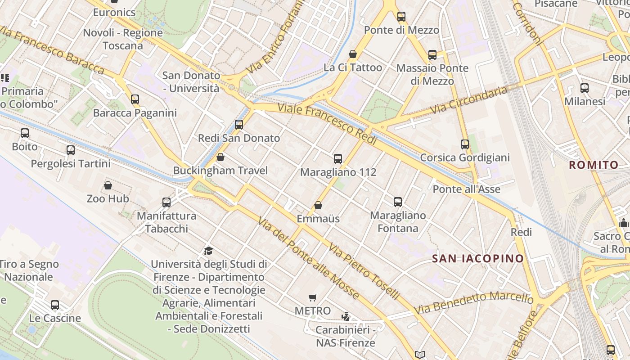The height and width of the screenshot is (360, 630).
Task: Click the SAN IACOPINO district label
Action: point(478,258)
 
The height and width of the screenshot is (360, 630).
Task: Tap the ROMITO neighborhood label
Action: point(594,165)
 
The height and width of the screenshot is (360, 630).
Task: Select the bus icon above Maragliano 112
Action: point(338,158)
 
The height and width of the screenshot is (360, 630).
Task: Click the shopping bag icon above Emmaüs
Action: point(318,205)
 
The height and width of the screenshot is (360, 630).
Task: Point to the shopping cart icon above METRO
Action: point(313,297)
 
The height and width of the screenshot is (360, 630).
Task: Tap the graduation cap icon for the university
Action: point(208,251)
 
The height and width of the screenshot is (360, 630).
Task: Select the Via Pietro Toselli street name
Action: point(364,272)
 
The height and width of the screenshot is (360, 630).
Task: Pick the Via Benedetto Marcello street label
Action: point(473,303)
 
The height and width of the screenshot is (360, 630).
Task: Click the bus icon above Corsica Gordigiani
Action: point(465,144)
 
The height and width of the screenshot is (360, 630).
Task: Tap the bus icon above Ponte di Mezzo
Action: point(401,17)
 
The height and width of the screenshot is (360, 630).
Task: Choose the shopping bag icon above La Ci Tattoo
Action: point(353,54)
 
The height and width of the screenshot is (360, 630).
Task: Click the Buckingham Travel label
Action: point(220,171)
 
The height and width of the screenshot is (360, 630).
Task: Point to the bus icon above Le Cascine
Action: point(55,305)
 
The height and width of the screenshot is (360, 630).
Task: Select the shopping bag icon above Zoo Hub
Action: point(108,185)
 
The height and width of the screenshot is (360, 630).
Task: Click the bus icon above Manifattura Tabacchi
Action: point(166,202)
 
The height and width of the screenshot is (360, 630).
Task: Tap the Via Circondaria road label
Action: point(468,100)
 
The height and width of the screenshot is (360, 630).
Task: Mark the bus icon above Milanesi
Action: point(585,88)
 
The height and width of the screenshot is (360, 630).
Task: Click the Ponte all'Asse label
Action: point(466,189)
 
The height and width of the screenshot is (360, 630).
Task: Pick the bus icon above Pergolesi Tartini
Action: point(71,150)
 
